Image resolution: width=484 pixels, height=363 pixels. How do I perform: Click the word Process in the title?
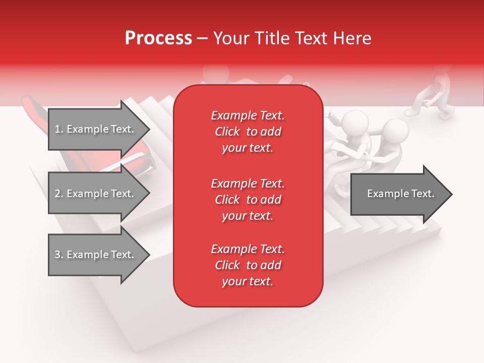point(158,38)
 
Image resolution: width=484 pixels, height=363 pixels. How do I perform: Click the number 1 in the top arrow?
point(57,129)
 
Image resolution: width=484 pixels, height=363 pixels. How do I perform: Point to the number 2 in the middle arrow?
point(57,194)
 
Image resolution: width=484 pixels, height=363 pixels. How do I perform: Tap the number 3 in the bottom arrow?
point(57,255)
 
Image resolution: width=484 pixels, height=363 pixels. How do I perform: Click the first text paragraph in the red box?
point(248,132)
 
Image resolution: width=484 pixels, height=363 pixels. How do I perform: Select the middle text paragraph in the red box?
point(248,200)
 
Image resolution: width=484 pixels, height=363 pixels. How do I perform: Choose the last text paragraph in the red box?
point(248,265)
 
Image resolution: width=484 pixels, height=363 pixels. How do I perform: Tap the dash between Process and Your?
point(202,39)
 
